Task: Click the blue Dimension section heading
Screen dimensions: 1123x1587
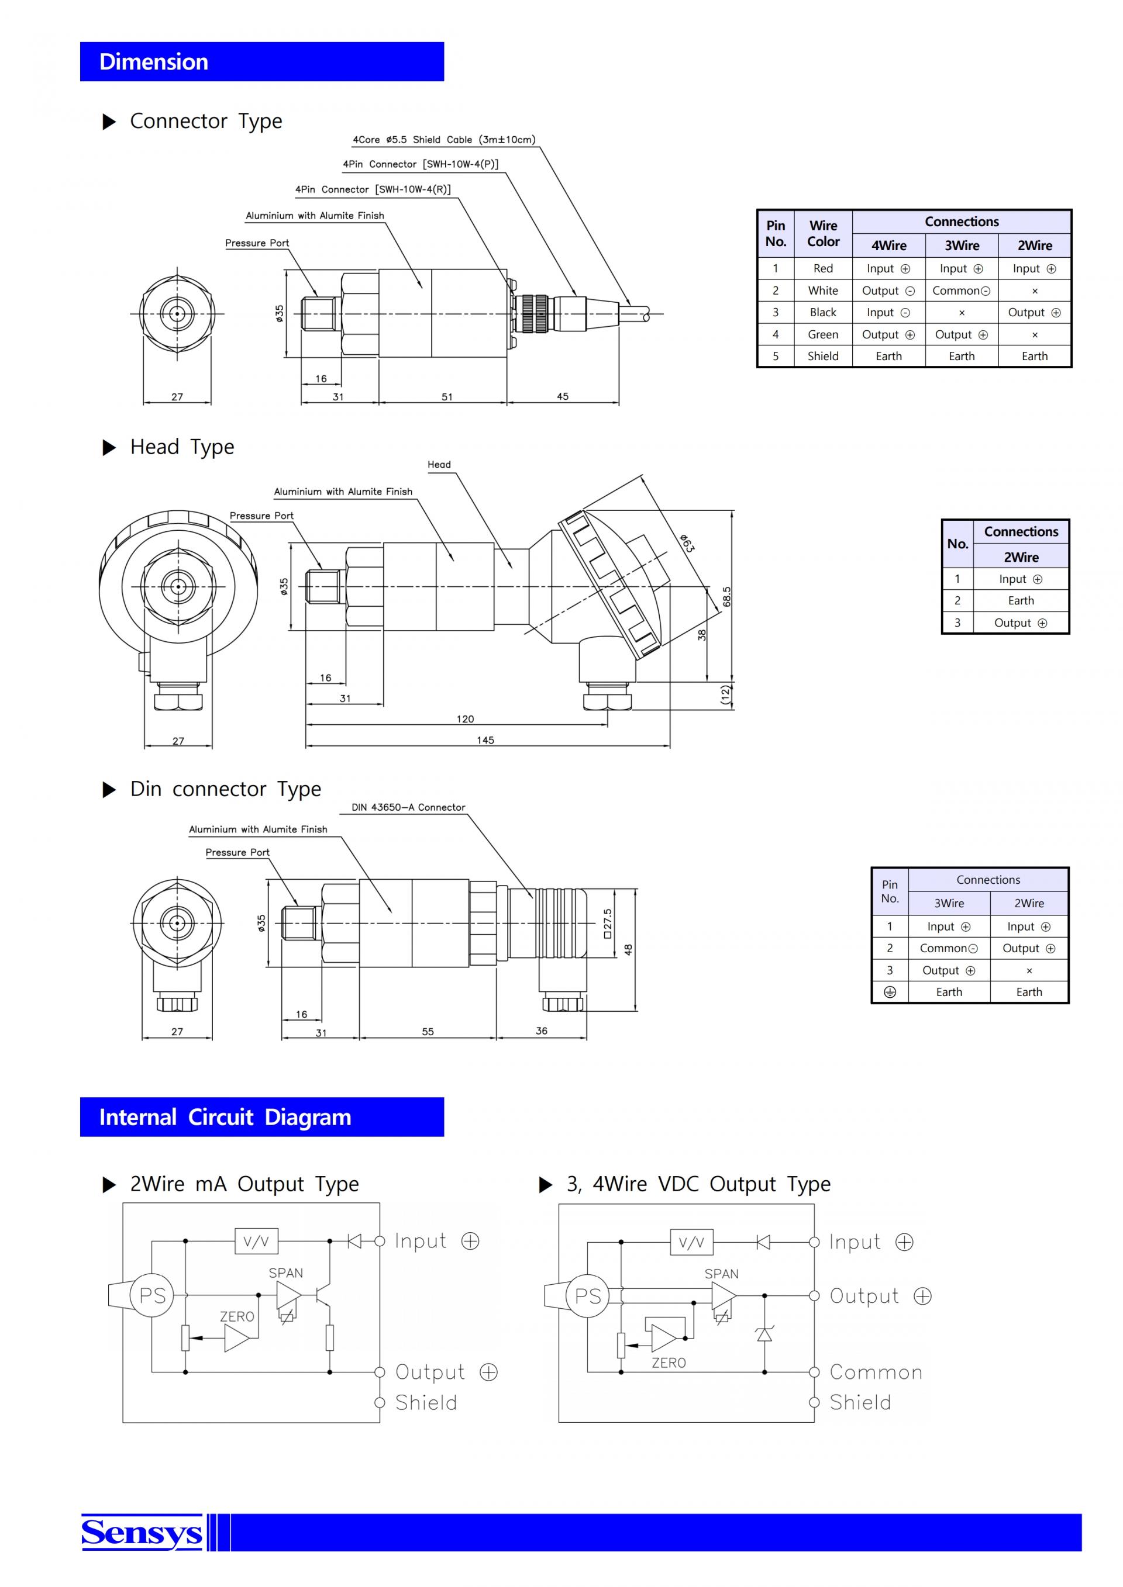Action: coord(153,61)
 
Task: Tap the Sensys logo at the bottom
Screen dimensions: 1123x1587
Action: coord(142,1531)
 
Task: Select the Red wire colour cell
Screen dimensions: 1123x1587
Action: coord(823,268)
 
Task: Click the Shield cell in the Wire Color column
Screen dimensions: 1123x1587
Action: coord(823,356)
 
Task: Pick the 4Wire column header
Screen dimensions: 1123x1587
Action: coord(888,246)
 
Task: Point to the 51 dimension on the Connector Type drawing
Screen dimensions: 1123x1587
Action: coord(447,397)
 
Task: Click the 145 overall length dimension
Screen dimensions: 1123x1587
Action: coord(485,740)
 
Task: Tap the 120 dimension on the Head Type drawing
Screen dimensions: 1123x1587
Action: coord(466,719)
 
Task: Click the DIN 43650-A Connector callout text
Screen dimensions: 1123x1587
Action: coord(408,807)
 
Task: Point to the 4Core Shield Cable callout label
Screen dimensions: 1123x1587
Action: coord(444,140)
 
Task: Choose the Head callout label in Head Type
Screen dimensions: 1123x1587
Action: coord(439,465)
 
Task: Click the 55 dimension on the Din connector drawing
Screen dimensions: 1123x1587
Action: coord(428,1032)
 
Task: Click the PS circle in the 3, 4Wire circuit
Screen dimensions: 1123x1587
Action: coord(588,1296)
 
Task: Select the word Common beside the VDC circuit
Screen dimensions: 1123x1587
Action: coord(876,1372)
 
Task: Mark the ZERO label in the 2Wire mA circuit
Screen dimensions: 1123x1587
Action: coord(237,1317)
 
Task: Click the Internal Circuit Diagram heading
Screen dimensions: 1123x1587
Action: coord(225,1117)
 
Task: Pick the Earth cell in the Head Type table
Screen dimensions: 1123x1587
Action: coord(1021,601)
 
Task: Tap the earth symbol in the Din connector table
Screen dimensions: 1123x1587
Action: coord(890,992)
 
